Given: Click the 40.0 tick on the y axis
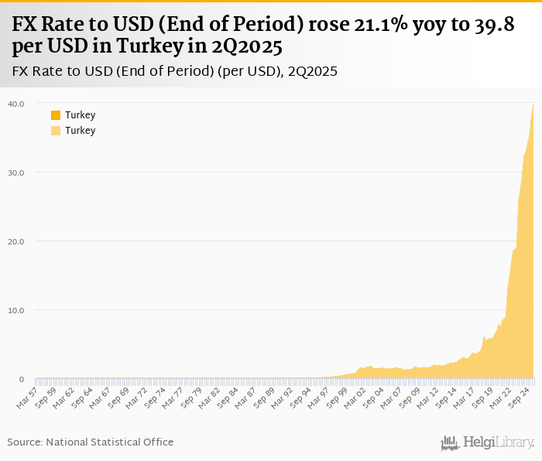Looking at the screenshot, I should (16, 104).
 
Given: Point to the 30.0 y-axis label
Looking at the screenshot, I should (16, 172).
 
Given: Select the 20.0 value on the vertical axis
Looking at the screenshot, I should (16, 241).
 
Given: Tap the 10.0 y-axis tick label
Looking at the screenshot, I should (16, 310).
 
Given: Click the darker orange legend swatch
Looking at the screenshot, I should (56, 115).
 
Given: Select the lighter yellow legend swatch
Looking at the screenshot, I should (56, 131).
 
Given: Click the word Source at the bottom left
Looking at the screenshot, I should (25, 442).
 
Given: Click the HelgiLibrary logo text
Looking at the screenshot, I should (498, 443).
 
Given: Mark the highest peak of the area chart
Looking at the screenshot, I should (533, 105).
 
